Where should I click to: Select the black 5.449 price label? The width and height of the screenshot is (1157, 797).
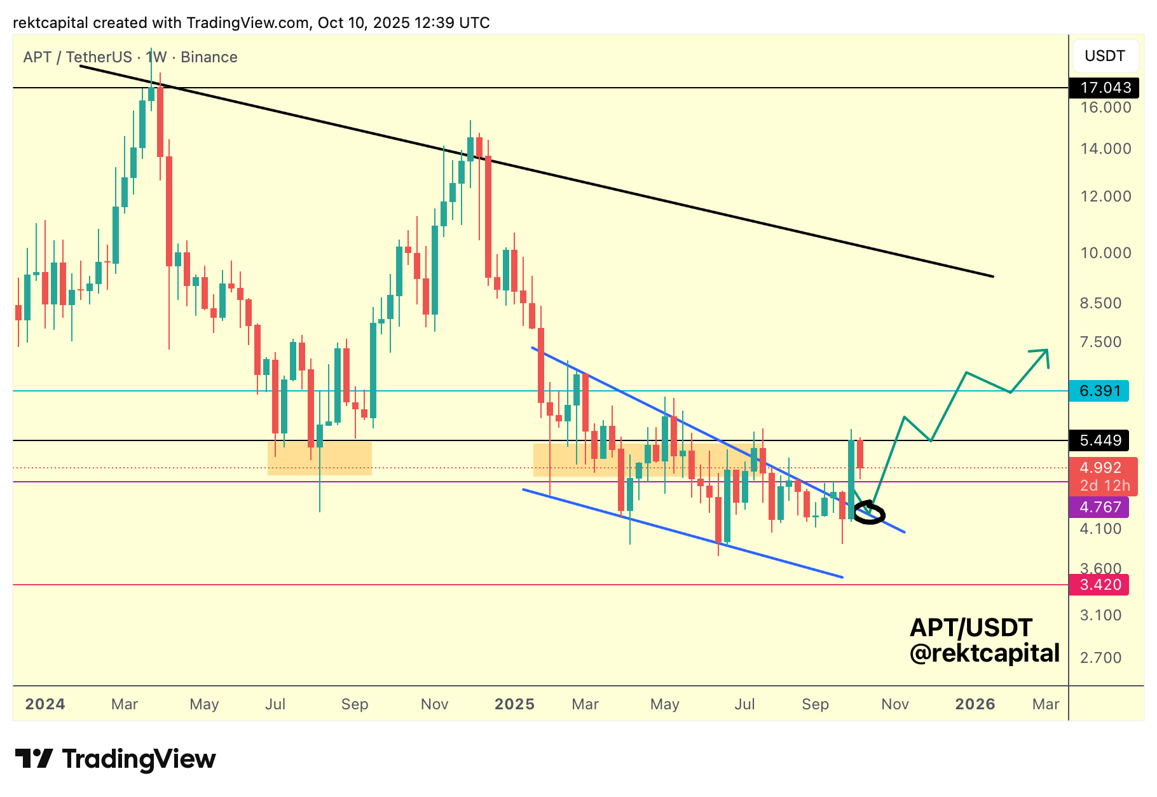click(1099, 440)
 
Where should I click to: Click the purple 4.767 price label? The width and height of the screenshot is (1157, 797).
click(1099, 507)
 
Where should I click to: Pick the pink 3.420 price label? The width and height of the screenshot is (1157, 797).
click(1099, 585)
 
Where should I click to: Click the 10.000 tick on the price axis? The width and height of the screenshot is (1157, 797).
click(1106, 253)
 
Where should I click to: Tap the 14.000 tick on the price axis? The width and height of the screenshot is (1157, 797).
click(1106, 149)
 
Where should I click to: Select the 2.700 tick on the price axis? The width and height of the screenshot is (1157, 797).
click(1100, 658)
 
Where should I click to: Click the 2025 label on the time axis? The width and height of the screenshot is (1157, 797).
click(514, 704)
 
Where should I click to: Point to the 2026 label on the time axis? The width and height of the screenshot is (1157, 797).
click(975, 704)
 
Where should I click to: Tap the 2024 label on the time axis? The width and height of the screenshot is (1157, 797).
click(45, 704)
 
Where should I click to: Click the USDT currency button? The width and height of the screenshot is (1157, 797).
click(1104, 56)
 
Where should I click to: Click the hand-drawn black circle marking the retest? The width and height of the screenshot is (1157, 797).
click(869, 514)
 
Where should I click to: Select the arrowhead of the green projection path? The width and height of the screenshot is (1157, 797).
click(1043, 353)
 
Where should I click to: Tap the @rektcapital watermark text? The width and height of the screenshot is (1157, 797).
click(984, 653)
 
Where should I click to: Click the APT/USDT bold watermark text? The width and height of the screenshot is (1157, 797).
click(971, 628)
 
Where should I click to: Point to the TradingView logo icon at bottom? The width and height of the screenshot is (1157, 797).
click(34, 759)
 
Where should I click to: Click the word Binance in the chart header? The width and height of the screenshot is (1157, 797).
click(209, 57)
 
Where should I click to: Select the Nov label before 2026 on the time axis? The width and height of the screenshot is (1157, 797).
click(894, 704)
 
